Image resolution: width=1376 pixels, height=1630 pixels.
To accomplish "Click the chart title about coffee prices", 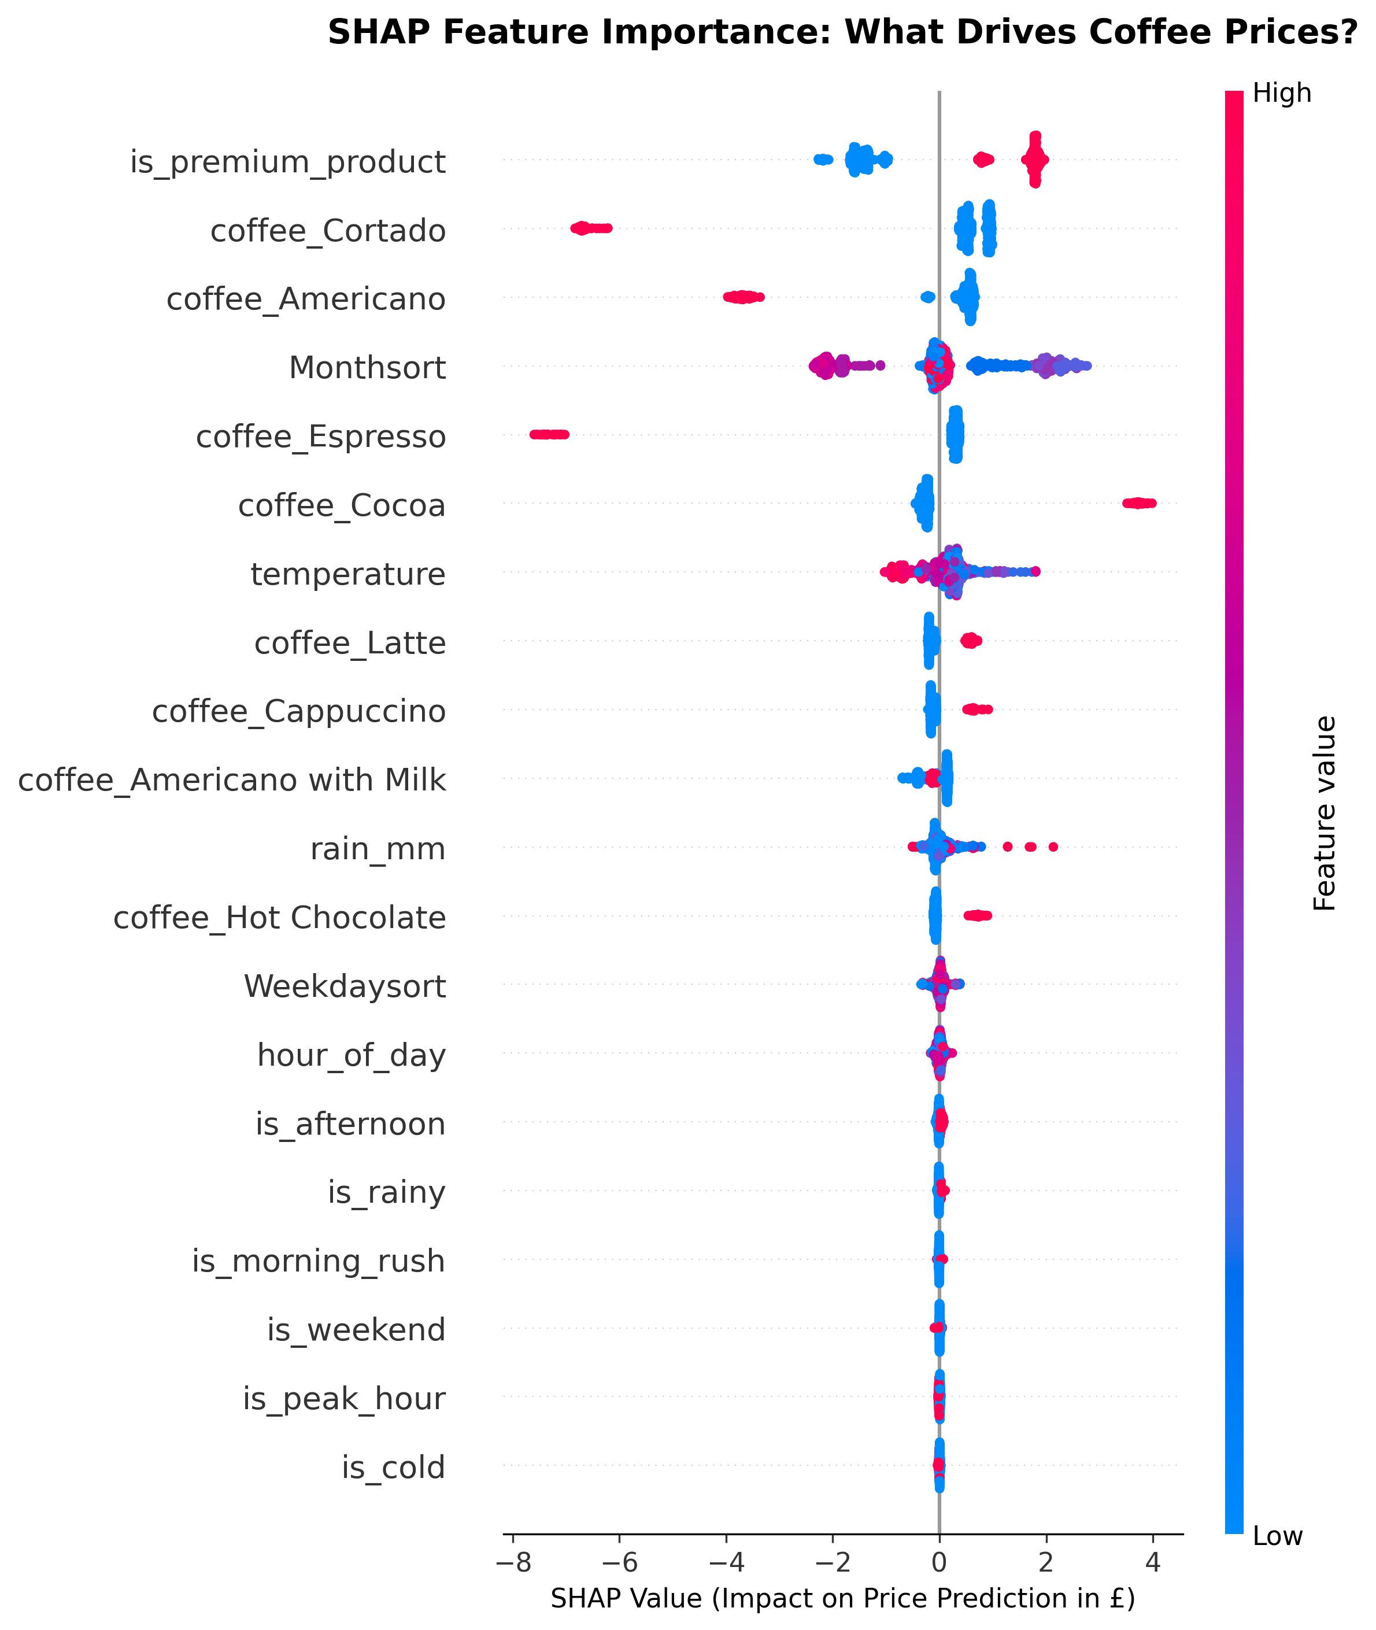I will [842, 33].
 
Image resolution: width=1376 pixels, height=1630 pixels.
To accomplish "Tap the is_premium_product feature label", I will [288, 162].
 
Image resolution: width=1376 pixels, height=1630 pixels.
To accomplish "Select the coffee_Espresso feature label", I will [321, 437].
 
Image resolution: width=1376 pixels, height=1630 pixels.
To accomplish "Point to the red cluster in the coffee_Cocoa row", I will [1139, 503].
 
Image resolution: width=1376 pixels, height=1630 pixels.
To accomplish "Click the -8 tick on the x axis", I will [512, 1563].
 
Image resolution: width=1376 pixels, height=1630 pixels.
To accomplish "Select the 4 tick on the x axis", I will [1153, 1563].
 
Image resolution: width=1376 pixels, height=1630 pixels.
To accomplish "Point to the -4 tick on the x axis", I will [726, 1563].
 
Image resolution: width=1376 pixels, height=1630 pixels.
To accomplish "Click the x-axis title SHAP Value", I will [842, 1599].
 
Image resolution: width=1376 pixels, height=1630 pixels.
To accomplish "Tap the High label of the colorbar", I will [1282, 94].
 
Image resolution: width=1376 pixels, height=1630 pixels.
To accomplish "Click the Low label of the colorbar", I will [1278, 1536].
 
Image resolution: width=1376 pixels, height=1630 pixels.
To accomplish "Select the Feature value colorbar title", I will [1325, 813].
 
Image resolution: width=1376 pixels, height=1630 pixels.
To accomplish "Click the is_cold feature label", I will [393, 1468].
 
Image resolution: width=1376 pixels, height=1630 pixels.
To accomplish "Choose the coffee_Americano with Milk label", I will [232, 780].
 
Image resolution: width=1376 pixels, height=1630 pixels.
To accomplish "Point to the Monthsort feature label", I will [367, 368].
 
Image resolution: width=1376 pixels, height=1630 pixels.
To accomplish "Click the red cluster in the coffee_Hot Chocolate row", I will [978, 915].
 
